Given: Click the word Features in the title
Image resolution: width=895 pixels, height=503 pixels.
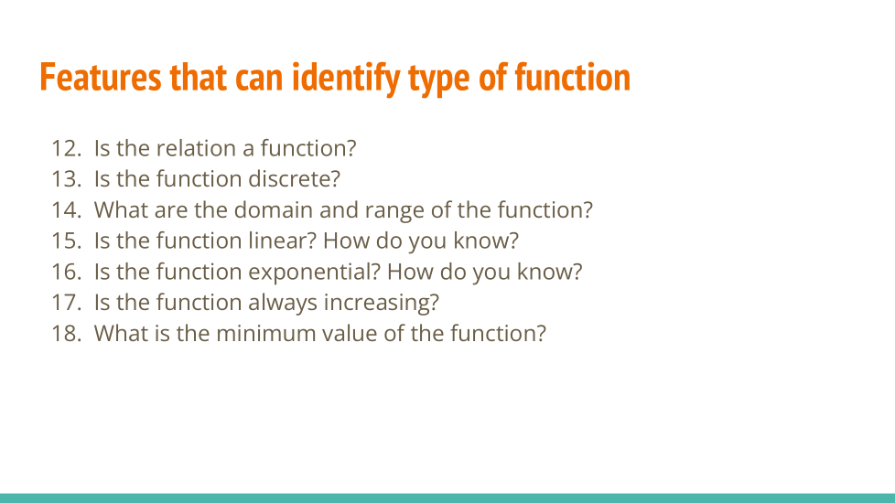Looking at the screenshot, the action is [x=101, y=78].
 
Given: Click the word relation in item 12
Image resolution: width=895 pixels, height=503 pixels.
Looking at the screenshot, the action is [x=196, y=148].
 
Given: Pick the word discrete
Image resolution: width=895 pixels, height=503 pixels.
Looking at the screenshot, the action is [x=294, y=179].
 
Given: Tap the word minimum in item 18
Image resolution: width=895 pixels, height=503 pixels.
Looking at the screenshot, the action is [x=265, y=334].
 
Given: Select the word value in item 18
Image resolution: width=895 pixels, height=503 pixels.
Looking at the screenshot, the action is [x=350, y=334].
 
